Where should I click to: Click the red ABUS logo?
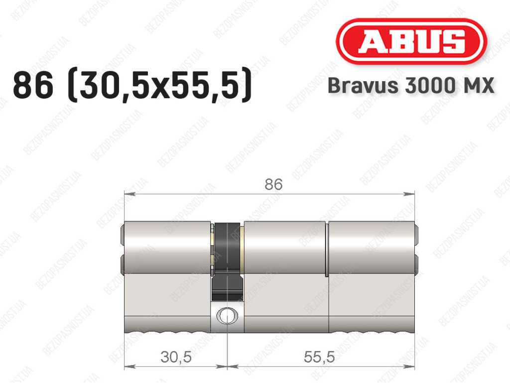(x=411, y=41)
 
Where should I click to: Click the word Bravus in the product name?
(x=363, y=86)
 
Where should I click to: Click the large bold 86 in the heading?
(x=33, y=85)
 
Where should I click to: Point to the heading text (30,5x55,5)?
(x=159, y=85)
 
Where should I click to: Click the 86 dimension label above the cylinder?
(x=273, y=184)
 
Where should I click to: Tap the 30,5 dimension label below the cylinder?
(x=176, y=357)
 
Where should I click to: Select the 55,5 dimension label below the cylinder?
(x=319, y=357)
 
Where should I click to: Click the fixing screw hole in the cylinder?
(x=227, y=316)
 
